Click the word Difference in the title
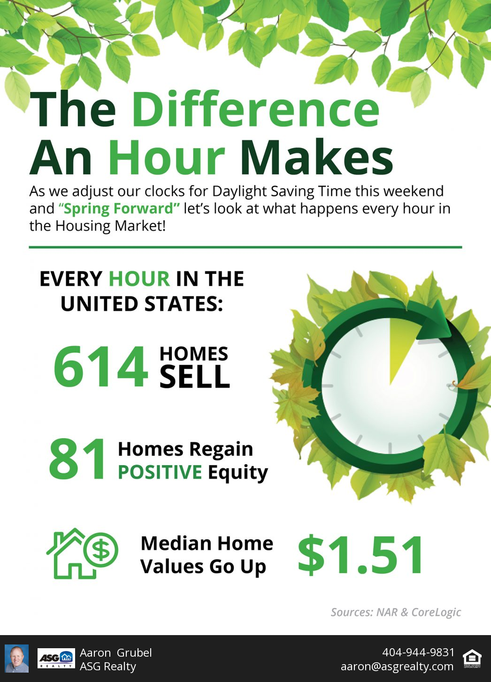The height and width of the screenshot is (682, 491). (x=255, y=109)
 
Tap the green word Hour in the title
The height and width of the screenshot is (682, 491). (x=167, y=158)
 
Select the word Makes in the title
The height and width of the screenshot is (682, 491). (x=316, y=158)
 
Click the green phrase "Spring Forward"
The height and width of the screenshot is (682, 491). (x=119, y=208)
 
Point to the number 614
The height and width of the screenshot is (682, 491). (x=101, y=366)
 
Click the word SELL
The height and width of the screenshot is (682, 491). (x=194, y=377)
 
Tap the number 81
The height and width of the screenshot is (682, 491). (x=78, y=460)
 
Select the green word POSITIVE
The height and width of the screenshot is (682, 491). (x=160, y=472)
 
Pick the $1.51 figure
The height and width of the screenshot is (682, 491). (x=361, y=555)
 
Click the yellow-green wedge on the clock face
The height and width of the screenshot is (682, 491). (x=402, y=347)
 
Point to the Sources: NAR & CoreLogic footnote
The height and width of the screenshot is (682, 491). (x=396, y=612)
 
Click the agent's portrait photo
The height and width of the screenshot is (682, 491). (x=17, y=658)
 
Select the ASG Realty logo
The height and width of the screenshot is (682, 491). (x=56, y=659)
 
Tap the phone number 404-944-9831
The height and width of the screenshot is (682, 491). (x=418, y=652)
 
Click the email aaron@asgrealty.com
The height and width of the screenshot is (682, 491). (x=397, y=666)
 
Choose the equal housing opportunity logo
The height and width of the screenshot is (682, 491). (x=471, y=659)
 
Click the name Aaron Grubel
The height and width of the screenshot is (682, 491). (x=116, y=652)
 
